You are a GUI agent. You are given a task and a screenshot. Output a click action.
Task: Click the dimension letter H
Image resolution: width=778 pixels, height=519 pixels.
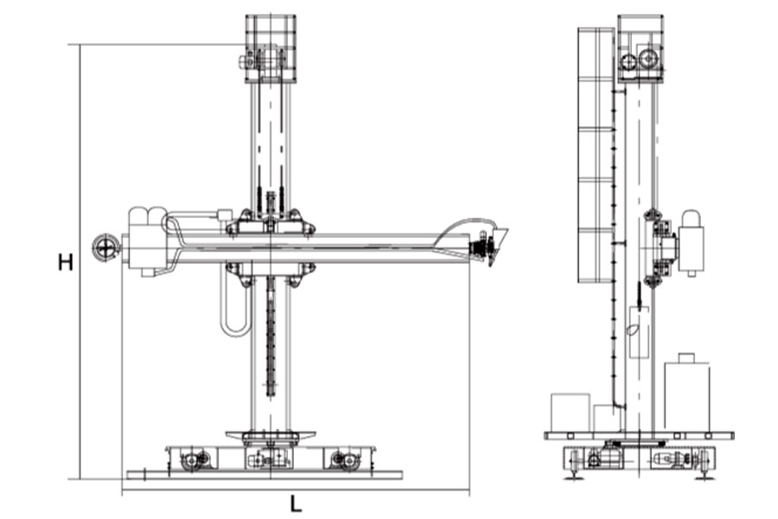tap(66, 262)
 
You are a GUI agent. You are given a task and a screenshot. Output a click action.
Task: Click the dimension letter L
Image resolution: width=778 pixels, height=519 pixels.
tap(296, 504)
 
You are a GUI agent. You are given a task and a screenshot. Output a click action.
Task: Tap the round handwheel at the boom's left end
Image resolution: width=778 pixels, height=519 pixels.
tap(105, 247)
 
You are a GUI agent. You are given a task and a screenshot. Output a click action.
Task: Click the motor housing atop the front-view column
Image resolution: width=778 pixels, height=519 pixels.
tap(271, 48)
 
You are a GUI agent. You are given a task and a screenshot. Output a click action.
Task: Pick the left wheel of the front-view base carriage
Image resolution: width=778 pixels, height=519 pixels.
tap(191, 460)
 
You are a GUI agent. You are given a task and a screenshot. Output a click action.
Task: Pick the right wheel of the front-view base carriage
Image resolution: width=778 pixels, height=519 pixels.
tap(349, 460)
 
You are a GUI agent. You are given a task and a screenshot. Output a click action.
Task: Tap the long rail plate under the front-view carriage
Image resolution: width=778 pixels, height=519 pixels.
tap(265, 475)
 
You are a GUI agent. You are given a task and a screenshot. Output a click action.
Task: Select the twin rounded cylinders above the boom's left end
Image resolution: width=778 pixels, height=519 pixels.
tap(148, 218)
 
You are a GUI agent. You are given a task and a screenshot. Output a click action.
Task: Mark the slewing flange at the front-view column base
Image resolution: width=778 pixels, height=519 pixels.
tap(271, 436)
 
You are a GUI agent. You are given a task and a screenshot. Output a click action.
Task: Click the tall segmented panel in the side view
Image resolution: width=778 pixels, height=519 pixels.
tap(596, 155)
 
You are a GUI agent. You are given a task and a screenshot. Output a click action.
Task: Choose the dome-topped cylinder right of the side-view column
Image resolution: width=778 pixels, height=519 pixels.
tap(692, 242)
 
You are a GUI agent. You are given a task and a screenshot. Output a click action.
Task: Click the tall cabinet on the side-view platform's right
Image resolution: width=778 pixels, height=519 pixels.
tap(686, 393)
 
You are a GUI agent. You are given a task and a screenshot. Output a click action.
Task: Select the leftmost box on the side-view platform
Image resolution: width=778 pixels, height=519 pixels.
tap(571, 413)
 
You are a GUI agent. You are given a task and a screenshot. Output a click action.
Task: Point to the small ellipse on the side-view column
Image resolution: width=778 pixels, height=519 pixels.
tap(632, 329)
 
